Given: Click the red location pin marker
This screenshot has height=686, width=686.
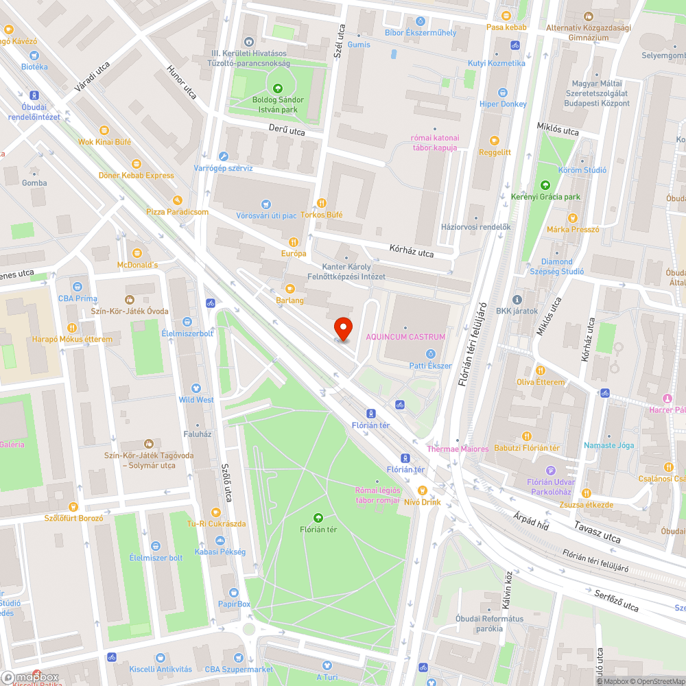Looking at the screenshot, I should tap(342, 328).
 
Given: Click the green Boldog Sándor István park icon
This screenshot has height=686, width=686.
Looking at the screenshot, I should tap(278, 88).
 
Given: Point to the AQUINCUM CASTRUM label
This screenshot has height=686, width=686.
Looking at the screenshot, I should tap(405, 337).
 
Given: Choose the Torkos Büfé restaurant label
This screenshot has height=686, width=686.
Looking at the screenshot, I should tap(321, 215).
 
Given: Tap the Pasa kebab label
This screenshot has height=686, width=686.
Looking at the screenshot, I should tap(506, 27).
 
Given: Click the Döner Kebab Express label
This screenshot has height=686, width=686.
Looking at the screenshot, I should tap(137, 175).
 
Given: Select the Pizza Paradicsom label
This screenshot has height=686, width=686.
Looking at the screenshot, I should tap(177, 212).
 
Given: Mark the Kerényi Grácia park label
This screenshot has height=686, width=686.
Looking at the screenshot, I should tap(545, 197).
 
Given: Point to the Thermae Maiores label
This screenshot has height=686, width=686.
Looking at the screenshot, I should tap(458, 449).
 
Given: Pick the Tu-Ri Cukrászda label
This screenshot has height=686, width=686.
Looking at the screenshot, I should tap(216, 524).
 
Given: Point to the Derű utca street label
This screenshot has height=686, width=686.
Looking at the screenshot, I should tap(287, 130).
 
